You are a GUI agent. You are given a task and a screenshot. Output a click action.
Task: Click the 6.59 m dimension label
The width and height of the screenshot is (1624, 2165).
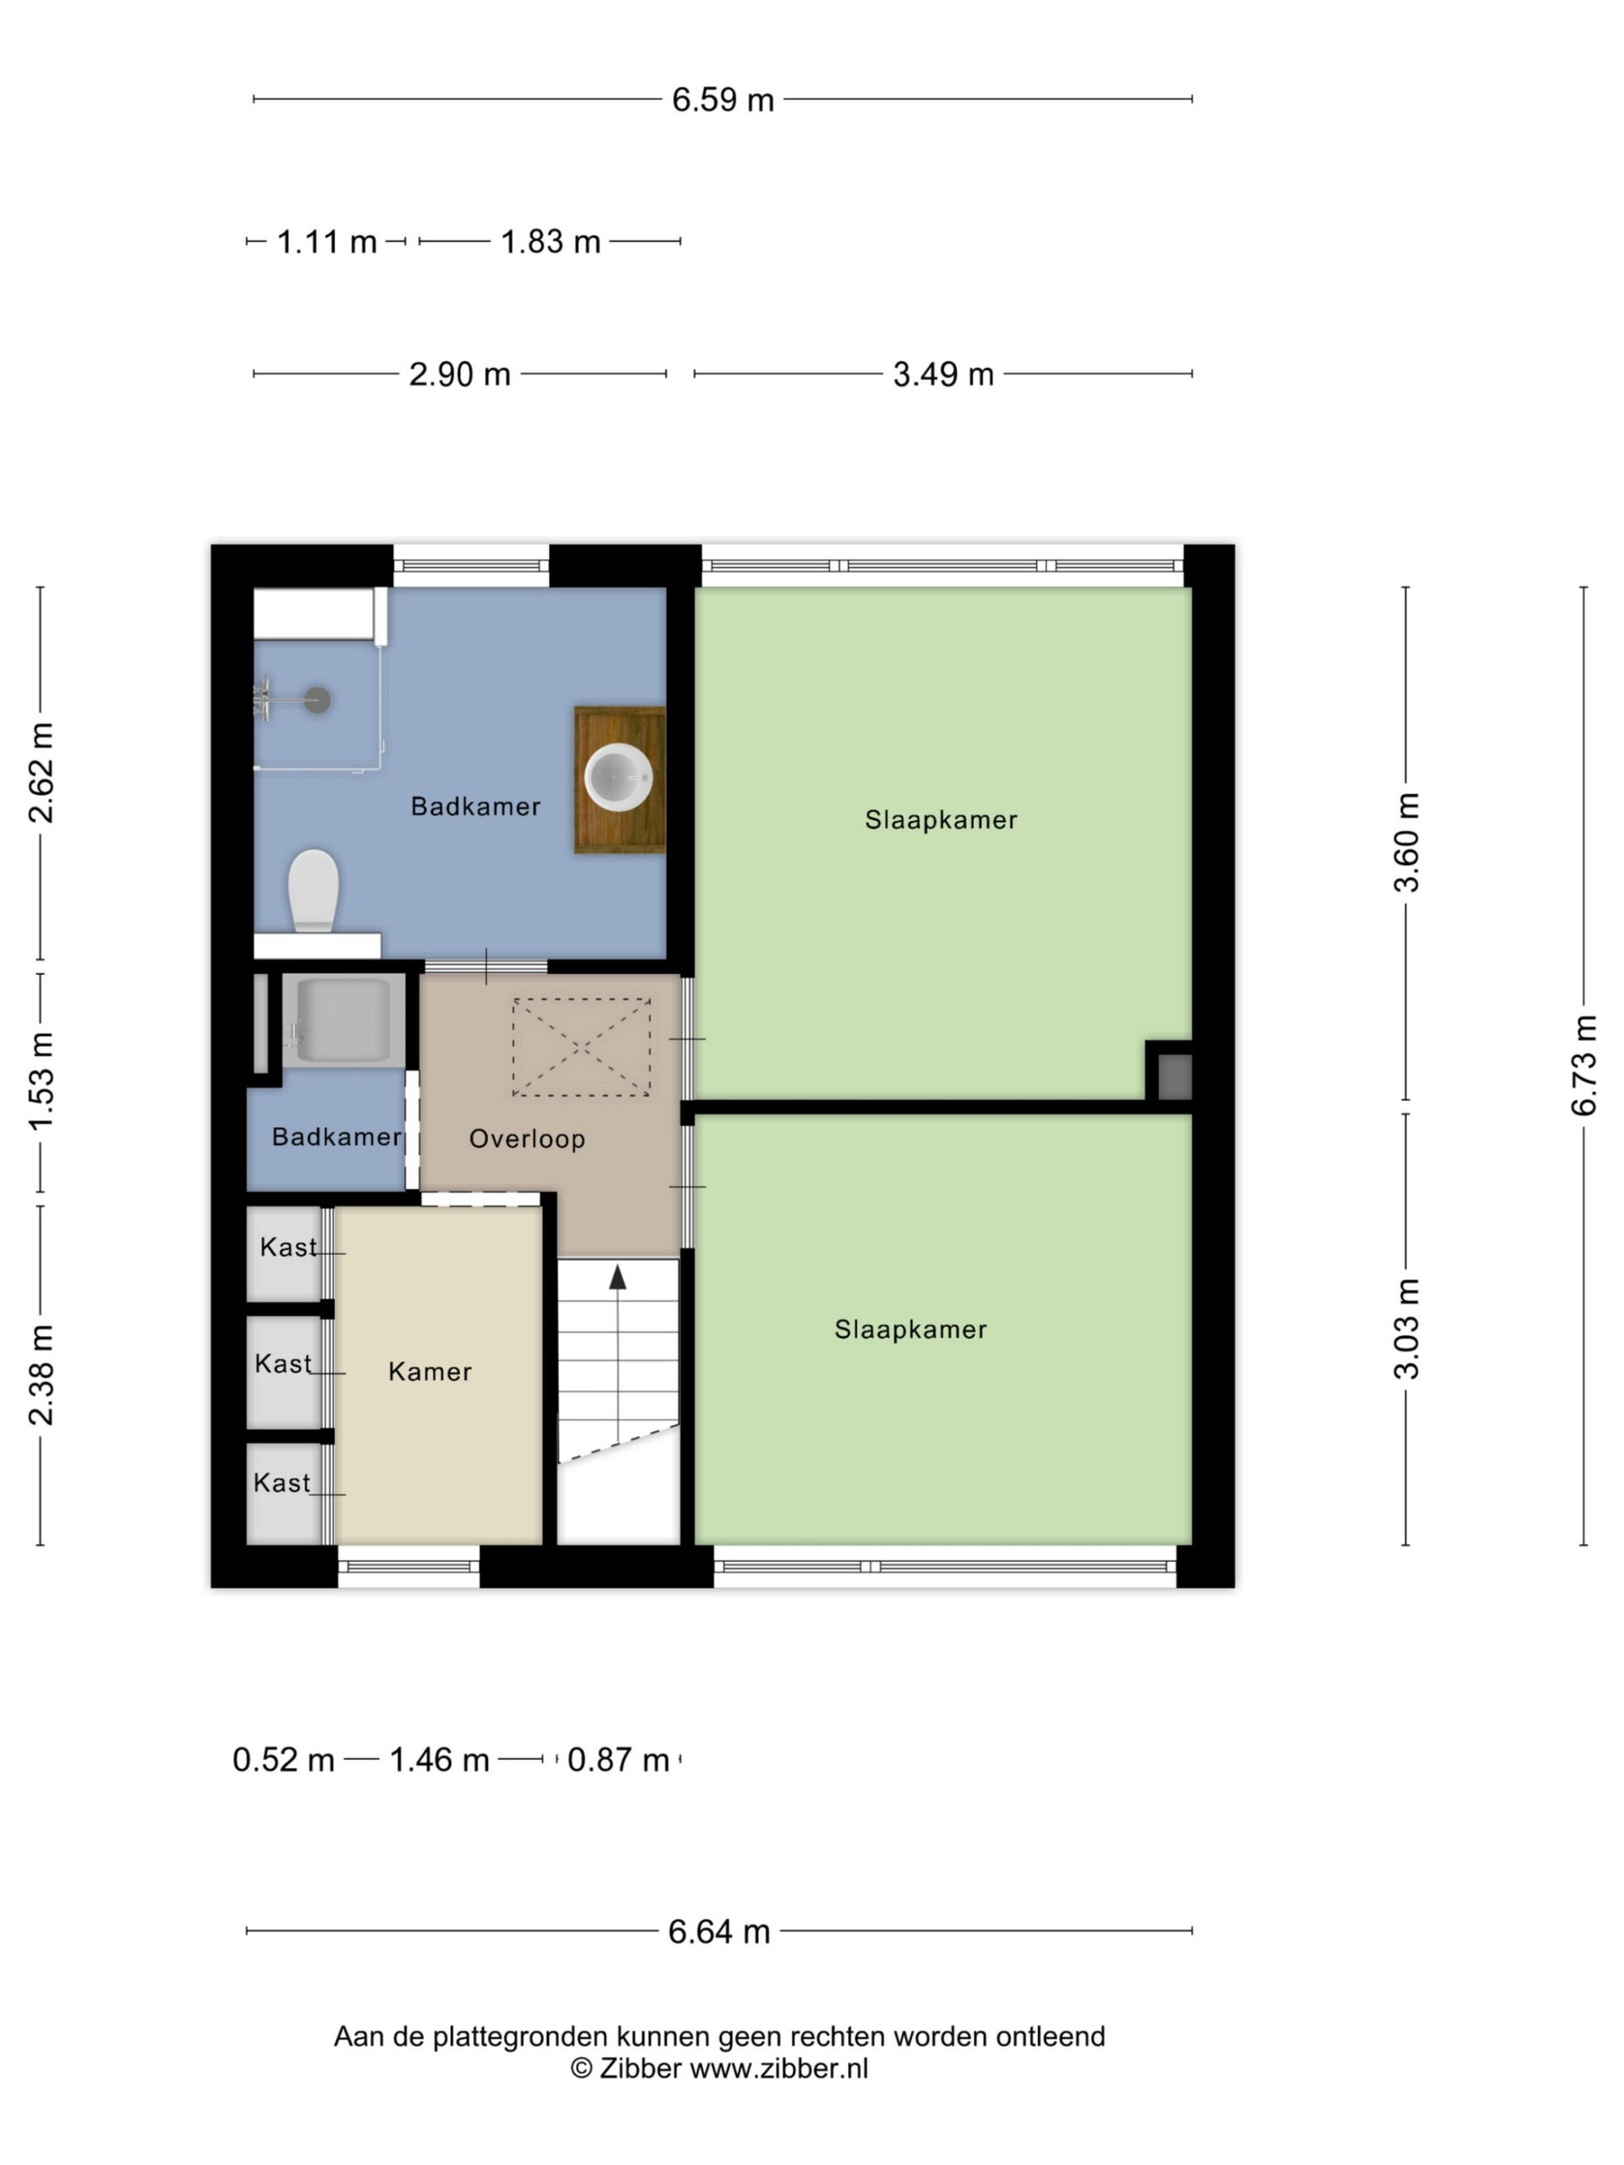[x=722, y=100]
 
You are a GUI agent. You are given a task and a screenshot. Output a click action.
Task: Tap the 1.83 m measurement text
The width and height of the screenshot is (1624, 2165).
[x=550, y=241]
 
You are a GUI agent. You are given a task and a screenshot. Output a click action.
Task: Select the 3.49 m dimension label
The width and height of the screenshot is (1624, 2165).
[x=943, y=374]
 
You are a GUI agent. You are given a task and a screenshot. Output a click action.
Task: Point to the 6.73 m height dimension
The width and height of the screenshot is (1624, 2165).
[x=1584, y=1066]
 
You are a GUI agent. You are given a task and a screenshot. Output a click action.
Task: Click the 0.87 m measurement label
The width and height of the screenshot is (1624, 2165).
[x=617, y=1760]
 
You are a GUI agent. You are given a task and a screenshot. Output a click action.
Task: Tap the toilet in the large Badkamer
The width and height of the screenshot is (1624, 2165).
[x=313, y=891]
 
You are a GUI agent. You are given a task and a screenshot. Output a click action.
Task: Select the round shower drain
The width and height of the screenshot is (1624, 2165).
[x=316, y=699]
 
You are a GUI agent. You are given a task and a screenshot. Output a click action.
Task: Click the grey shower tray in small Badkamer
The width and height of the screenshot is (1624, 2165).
[x=343, y=1020]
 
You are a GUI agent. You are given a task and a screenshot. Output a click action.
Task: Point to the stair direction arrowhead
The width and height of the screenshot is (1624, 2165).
[x=617, y=1276]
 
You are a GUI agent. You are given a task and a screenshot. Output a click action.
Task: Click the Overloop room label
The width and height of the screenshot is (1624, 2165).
[x=527, y=1138]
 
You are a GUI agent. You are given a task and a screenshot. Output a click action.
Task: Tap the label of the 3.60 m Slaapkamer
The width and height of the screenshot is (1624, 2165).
[x=941, y=819]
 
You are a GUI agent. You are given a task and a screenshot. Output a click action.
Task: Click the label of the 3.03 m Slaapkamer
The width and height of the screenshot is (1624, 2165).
[x=910, y=1329]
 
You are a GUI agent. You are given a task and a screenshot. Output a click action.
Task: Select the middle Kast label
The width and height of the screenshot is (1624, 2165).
[x=283, y=1363]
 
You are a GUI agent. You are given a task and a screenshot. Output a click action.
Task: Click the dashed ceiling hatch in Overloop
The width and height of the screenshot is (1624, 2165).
[x=581, y=1047]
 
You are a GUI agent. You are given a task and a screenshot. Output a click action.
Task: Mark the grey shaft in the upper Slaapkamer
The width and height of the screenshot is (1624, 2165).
[x=1175, y=1077]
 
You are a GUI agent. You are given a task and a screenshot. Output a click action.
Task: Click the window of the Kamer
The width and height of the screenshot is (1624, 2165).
[x=409, y=1567]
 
